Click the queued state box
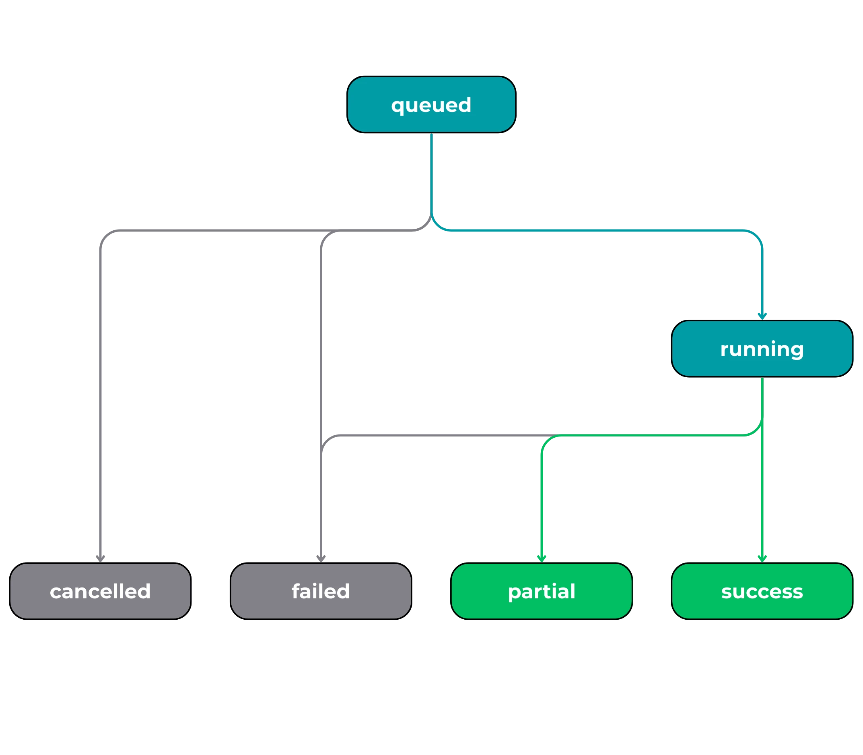tap(431, 104)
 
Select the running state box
tap(762, 348)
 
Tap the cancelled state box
tap(100, 591)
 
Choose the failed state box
tap(321, 591)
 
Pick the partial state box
tap(542, 591)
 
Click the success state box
tap(762, 591)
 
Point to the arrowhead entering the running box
tap(762, 316)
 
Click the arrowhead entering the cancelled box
tap(100, 558)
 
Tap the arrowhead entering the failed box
tap(321, 558)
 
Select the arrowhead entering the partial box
tap(542, 558)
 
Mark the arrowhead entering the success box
tap(762, 558)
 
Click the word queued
tap(431, 105)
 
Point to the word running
tap(762, 350)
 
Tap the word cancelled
tap(100, 592)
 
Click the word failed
tap(321, 592)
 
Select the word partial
tap(542, 592)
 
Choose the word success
tap(762, 592)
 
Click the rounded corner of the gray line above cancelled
tap(103, 235)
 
